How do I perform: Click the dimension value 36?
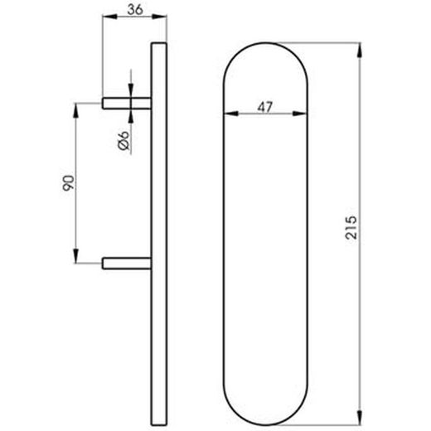pos(135,9)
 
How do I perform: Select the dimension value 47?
pos(265,107)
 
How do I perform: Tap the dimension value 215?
pos(351,227)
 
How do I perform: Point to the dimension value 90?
pos(68,183)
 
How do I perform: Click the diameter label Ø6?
pos(123,141)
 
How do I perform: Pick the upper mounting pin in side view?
pos(127,104)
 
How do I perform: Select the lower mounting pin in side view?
pos(127,263)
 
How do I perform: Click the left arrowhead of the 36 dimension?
pos(109,17)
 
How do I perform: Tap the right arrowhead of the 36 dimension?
pos(160,17)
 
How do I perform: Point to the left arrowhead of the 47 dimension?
pos(231,114)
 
